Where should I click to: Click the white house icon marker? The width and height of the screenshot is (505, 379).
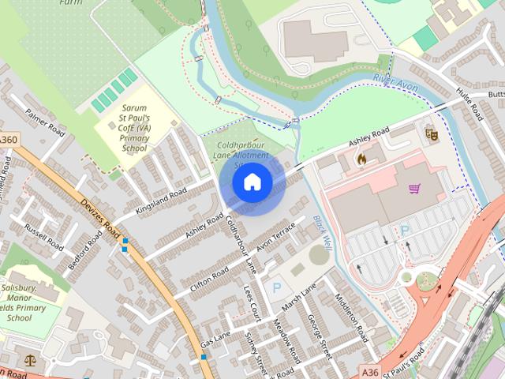252,183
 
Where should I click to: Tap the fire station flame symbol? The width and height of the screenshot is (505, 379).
361,159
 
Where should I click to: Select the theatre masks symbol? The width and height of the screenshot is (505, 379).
431,133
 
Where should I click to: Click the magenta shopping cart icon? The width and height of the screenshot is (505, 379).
415,189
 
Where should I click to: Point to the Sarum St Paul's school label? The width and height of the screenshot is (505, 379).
134,127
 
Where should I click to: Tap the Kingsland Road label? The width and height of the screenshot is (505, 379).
161,202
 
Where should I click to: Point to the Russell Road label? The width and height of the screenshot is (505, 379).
43,236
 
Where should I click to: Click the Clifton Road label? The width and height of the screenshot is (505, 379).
209,280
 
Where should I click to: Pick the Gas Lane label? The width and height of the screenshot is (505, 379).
215,340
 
